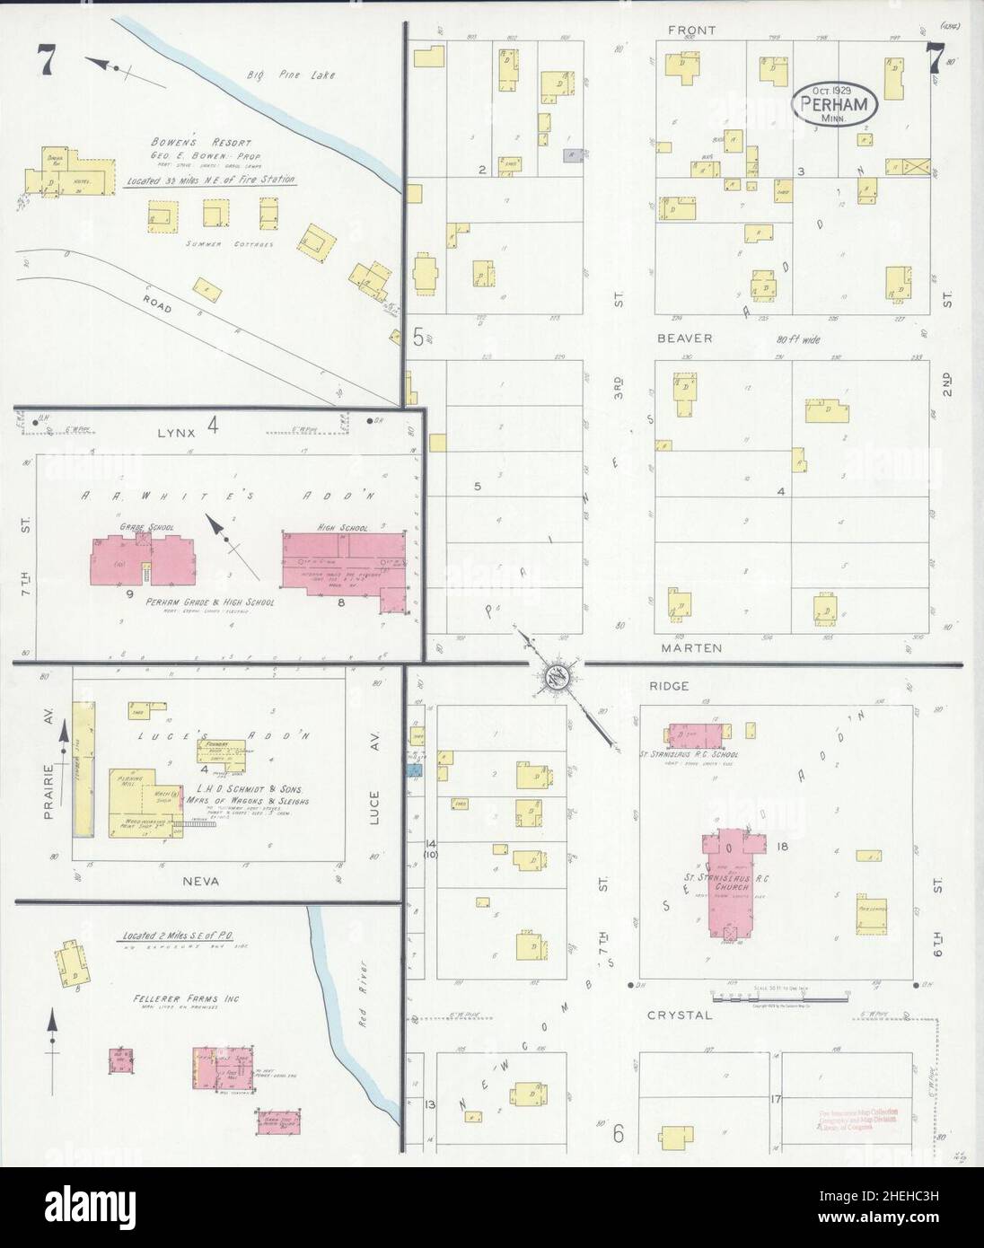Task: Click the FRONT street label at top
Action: pos(692,31)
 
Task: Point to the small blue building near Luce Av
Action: pos(413,769)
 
